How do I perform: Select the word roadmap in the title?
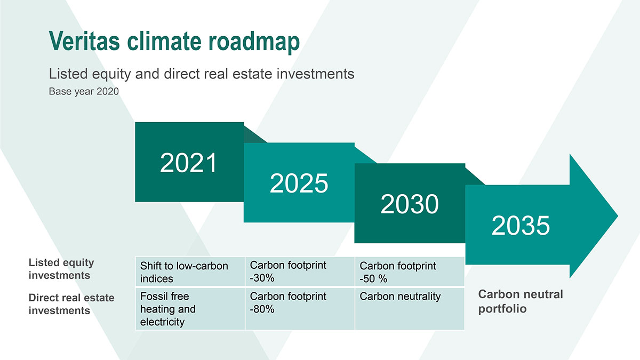pos(254,42)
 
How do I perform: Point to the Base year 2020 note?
pos(84,91)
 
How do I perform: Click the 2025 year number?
pos(299,183)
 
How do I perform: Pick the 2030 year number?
pos(410,204)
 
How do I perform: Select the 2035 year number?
pos(521,225)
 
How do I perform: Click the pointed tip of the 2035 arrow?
pos(618,216)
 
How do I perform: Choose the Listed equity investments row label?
pos(61,269)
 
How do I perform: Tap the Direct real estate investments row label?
pos(71,304)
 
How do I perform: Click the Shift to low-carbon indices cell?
pos(190,271)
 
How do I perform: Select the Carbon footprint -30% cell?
pos(300,271)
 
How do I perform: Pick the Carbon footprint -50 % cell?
pos(410,271)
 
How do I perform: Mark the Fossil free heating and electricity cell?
pos(190,309)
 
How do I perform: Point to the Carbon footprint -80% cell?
pos(300,309)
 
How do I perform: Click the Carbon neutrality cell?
pos(410,309)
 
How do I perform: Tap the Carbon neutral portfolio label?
pos(521,301)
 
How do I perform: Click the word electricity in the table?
pos(162,322)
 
